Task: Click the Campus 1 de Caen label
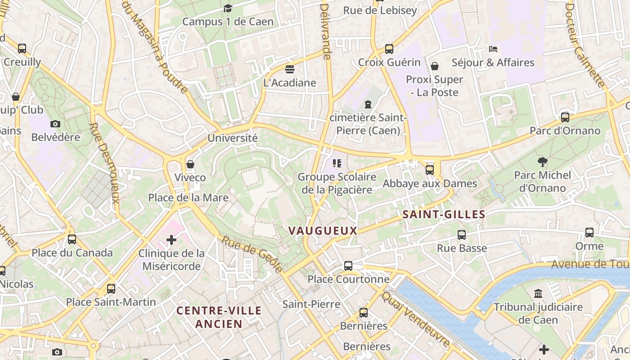pos(228,22)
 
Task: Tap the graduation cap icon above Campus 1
pos(228,9)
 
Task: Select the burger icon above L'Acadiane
pos(290,69)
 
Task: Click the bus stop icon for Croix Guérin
pos(389,49)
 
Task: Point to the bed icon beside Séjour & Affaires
pos(493,49)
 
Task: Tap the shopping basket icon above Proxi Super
pos(435,66)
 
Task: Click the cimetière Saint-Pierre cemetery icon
pos(368,104)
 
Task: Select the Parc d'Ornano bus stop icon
pos(565,117)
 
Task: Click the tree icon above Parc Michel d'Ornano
pos(543,162)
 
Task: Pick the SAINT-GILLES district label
pos(444,214)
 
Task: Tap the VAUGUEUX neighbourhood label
pos(323,231)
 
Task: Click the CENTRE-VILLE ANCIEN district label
pos(219,317)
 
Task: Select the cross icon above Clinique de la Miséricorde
pos(171,240)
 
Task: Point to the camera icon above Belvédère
pos(55,124)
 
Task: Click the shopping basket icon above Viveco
pos(190,164)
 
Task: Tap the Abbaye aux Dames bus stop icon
pos(430,170)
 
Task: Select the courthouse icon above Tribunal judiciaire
pos(538,294)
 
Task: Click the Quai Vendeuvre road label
pos(416,319)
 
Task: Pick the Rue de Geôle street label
pos(252,254)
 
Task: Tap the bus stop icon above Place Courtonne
pos(348,266)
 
